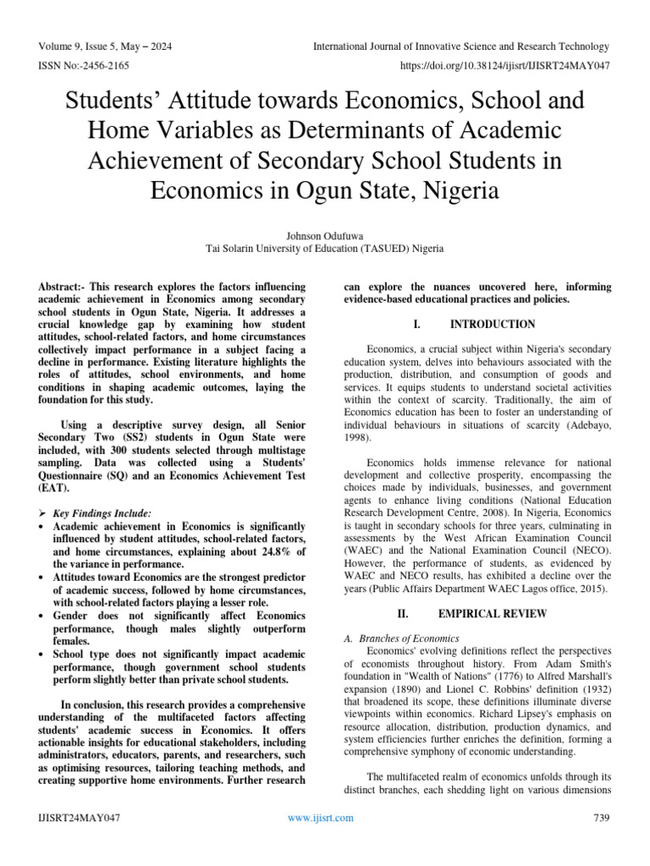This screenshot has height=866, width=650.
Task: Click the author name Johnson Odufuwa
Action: pyautogui.click(x=324, y=234)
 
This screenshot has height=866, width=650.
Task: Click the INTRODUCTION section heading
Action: pyautogui.click(x=493, y=324)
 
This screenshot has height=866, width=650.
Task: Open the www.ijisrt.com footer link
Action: pyautogui.click(x=321, y=817)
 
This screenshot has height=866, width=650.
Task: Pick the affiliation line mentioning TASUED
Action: pyautogui.click(x=324, y=249)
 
